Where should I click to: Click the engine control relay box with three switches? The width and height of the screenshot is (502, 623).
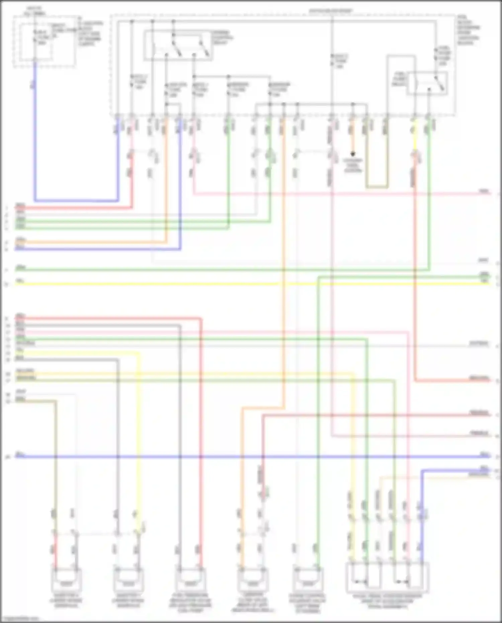178,46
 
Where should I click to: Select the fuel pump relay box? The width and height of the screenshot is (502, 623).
427,83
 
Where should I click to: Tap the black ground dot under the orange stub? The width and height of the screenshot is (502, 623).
352,154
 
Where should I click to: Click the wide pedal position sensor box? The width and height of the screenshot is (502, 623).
388,577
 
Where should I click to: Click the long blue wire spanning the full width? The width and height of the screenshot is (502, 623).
251,456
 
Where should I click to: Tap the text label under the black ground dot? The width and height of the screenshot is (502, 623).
353,165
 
